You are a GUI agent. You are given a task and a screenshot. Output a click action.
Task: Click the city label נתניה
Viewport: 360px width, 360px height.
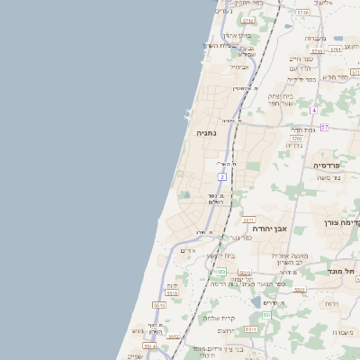(207, 132)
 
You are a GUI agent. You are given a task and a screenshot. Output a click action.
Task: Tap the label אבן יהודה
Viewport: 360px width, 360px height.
(269, 229)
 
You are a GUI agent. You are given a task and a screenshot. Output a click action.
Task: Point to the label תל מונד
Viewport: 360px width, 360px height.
(345, 271)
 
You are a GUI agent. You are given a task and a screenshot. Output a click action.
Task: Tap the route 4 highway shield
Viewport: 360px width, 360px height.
(313, 110)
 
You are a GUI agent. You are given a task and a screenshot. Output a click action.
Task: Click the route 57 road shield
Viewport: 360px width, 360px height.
(323, 127)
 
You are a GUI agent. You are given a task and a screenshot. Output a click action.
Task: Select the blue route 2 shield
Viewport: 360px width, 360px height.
(221, 177)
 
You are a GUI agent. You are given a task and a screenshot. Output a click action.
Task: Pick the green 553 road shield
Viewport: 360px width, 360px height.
(220, 271)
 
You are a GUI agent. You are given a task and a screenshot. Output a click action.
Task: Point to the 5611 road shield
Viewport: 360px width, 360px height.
(249, 219)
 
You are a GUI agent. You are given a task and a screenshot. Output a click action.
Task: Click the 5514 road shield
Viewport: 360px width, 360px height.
(149, 346)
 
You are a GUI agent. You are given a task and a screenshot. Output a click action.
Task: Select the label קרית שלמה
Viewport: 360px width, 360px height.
(219, 318)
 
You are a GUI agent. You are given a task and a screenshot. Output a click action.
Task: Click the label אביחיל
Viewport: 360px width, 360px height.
(239, 67)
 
